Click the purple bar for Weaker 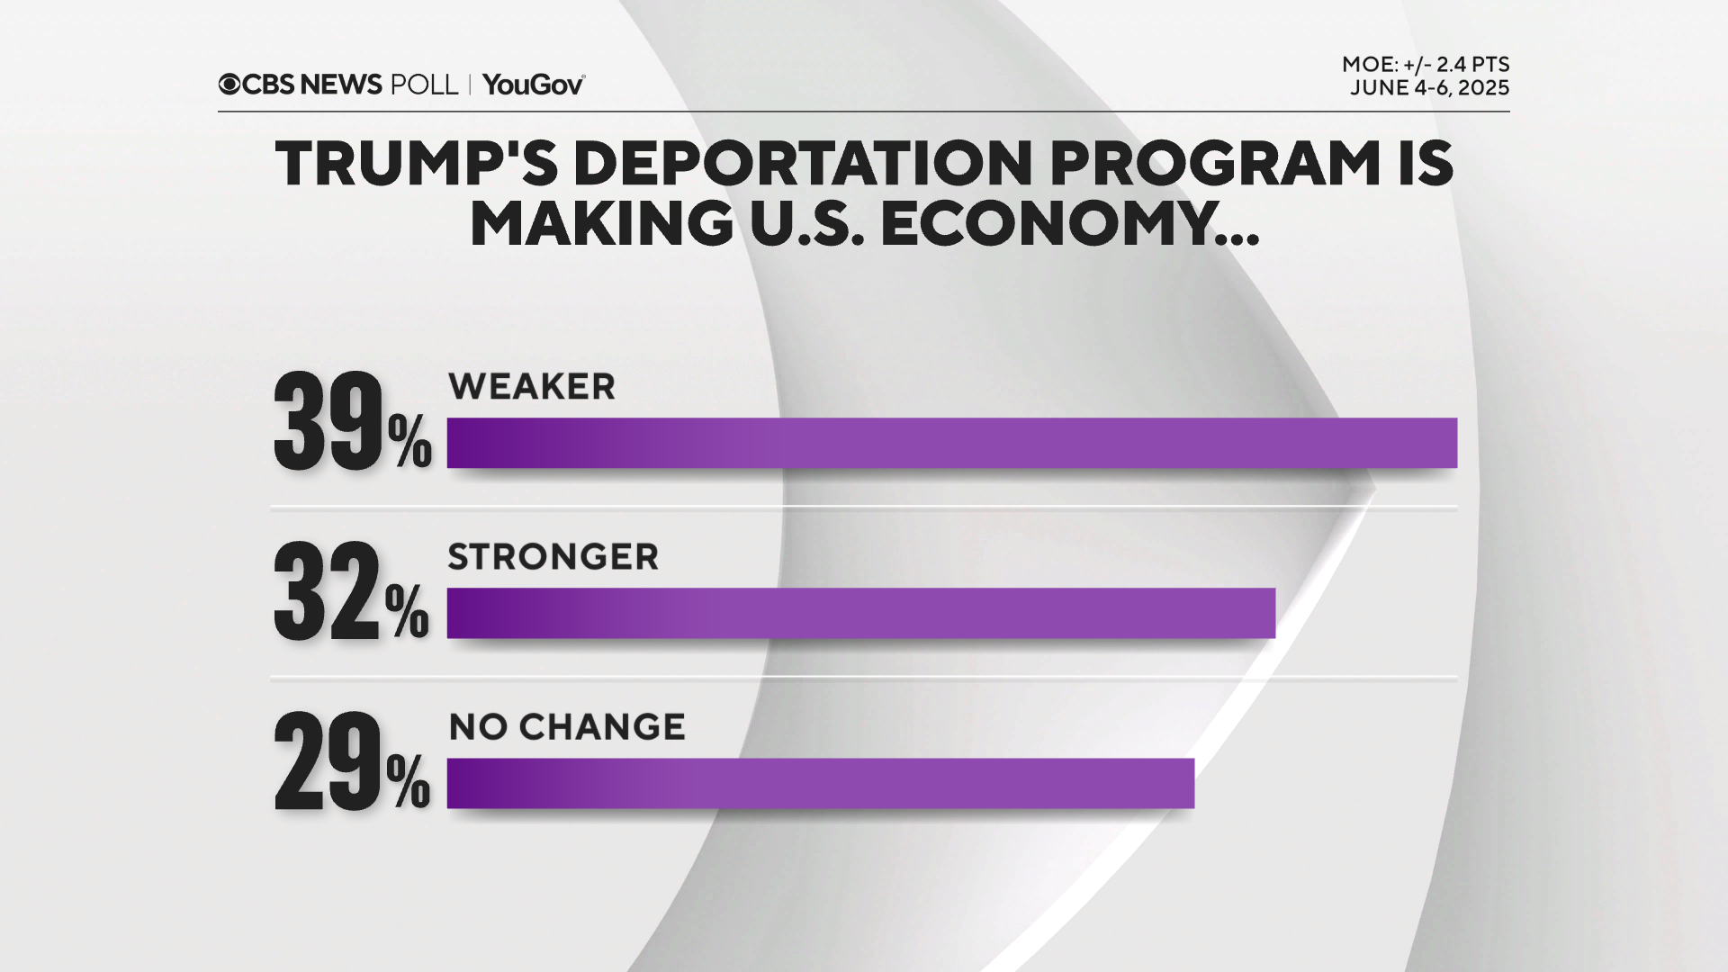(951, 443)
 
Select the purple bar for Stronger (860, 613)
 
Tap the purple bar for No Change (820, 783)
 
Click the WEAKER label (531, 387)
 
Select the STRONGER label (553, 557)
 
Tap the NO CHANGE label (566, 727)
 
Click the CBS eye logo (229, 85)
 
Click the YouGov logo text (533, 85)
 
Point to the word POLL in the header (424, 85)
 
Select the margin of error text (1425, 65)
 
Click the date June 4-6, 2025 (1428, 88)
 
